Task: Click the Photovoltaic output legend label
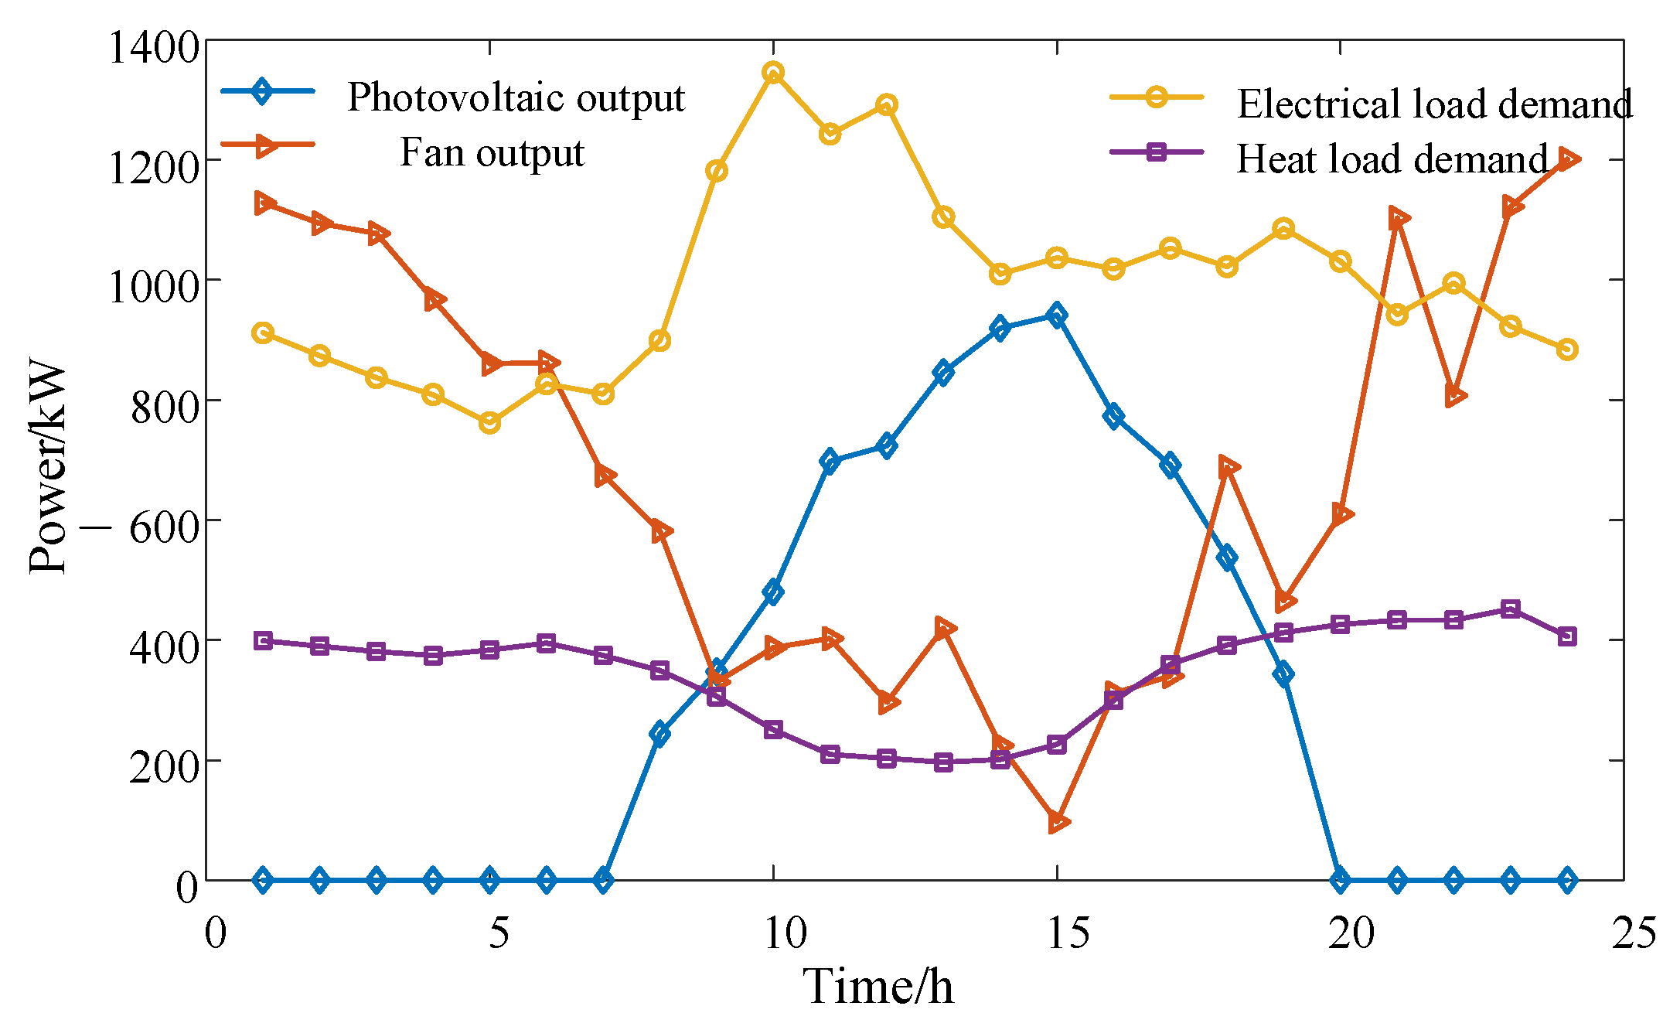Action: (x=516, y=98)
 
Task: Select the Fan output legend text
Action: (x=492, y=152)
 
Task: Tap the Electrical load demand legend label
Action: (x=1434, y=104)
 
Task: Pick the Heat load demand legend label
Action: (x=1392, y=159)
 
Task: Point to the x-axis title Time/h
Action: (x=878, y=987)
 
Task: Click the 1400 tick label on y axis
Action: (x=154, y=48)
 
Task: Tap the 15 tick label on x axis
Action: (x=1068, y=933)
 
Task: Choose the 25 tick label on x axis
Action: (x=1634, y=933)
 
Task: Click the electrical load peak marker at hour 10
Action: (x=773, y=73)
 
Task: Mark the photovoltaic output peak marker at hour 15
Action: (x=1057, y=315)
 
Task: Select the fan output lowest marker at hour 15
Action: (x=1058, y=822)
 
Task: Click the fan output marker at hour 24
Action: (x=1568, y=159)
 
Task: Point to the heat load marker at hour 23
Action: (x=1511, y=609)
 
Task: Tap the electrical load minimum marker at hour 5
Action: (x=489, y=423)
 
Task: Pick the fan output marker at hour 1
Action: (x=264, y=203)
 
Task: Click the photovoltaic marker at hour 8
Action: (x=659, y=733)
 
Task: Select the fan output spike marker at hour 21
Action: (x=1398, y=219)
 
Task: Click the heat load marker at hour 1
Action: (x=263, y=640)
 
